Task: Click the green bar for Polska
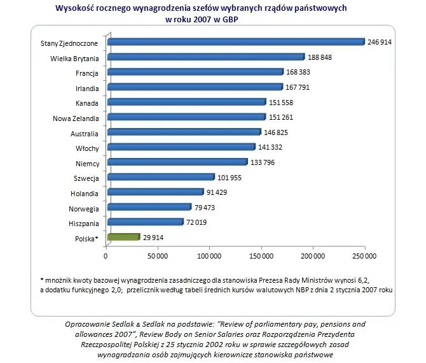124,237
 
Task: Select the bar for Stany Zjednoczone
236,42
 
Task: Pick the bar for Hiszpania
146,222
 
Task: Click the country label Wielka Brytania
74,57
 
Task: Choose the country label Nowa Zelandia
76,117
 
